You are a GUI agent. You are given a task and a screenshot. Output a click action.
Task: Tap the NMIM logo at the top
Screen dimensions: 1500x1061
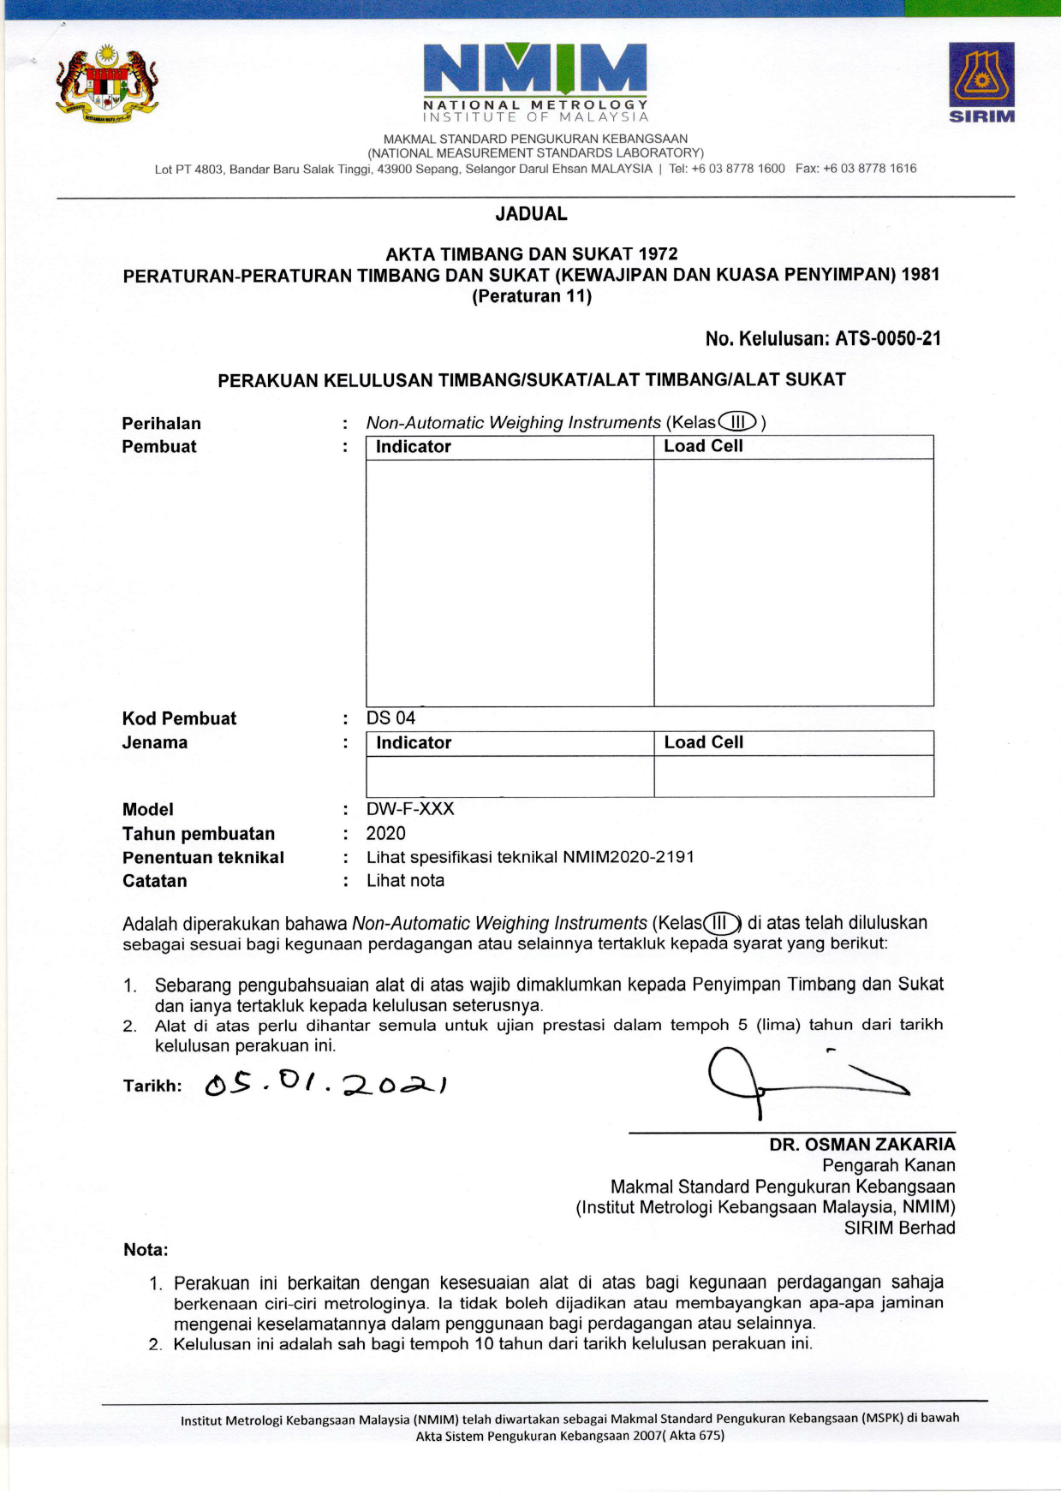coord(535,81)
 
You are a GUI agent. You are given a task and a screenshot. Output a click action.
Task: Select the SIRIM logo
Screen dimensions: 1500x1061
coord(981,82)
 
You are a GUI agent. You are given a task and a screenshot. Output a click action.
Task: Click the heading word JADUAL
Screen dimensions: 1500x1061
coord(531,214)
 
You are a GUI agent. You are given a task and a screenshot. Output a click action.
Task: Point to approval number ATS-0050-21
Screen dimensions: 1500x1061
coord(888,339)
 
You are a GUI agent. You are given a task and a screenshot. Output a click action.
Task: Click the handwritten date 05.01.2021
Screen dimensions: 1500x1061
coord(325,1085)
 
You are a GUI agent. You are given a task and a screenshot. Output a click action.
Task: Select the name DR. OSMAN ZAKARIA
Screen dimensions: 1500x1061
coord(861,1145)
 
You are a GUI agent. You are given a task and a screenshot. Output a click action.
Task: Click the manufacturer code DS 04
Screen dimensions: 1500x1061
coord(390,718)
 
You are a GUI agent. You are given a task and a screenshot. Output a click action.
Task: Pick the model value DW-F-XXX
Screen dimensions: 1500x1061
coord(410,809)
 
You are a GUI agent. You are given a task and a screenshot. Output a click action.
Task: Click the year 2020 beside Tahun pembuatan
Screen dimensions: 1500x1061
coord(385,833)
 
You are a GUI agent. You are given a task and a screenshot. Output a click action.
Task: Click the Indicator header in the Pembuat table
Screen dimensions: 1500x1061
coord(413,447)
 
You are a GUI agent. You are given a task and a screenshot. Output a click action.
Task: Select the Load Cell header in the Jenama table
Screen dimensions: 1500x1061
coord(703,742)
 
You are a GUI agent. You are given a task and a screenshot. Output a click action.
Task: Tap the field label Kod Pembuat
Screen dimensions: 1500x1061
coord(179,718)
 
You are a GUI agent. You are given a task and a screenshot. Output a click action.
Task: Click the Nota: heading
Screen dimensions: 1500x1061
coord(146,1250)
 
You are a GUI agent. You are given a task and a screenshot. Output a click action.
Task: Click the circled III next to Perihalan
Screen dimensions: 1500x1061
coord(737,422)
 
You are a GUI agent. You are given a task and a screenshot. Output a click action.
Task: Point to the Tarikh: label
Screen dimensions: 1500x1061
coord(152,1086)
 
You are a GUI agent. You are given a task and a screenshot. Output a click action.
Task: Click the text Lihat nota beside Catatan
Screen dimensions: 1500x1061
coord(405,881)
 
